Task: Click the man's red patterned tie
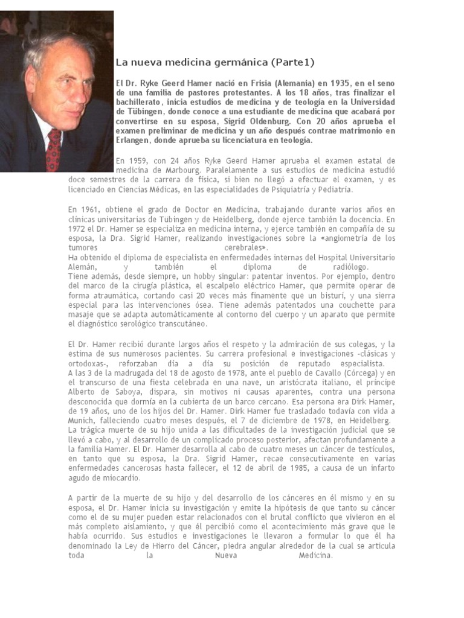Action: click(54, 149)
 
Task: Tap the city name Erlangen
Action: click(134, 140)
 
